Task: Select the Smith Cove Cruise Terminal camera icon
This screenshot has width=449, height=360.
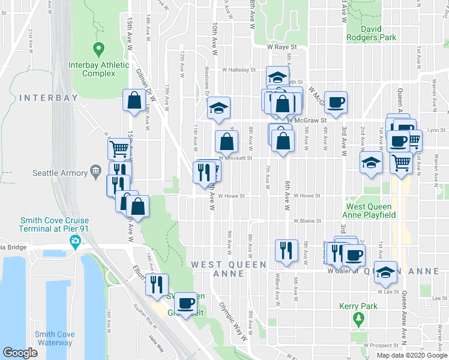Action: click(x=75, y=243)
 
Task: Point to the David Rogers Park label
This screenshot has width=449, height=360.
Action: click(x=379, y=33)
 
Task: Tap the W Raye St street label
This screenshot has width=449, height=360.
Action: click(x=282, y=46)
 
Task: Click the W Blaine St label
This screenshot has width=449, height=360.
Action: click(x=307, y=220)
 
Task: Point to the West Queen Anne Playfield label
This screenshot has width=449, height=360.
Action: click(x=369, y=210)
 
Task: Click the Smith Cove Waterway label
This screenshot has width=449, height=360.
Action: click(x=53, y=339)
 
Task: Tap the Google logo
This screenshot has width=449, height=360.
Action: click(x=20, y=353)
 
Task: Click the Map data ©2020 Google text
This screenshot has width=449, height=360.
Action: click(x=412, y=355)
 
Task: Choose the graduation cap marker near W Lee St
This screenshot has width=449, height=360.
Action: click(x=385, y=271)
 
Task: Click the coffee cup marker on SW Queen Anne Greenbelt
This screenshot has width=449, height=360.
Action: click(x=187, y=302)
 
